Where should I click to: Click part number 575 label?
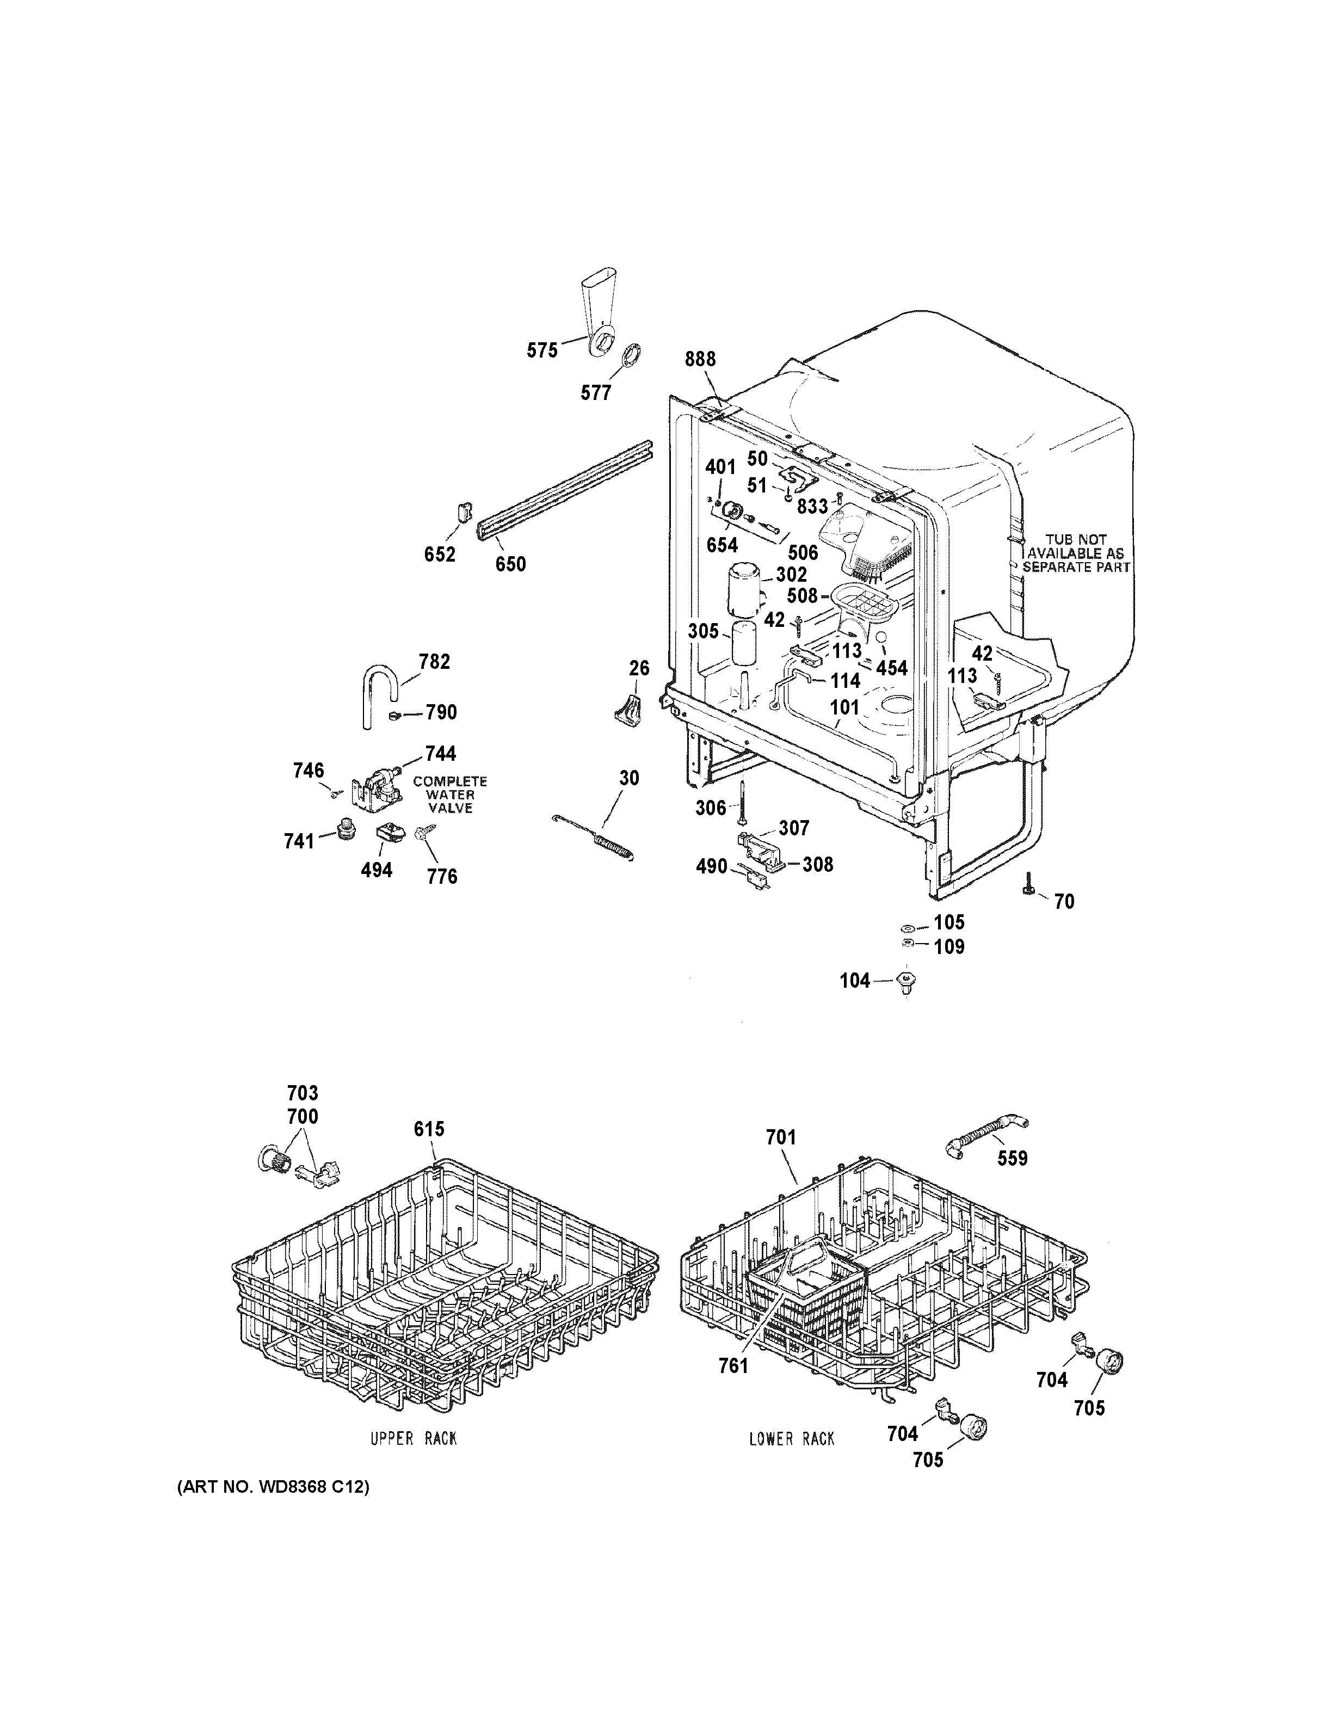tap(542, 350)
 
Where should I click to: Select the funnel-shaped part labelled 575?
tap(597, 312)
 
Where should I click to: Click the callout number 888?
tap(700, 359)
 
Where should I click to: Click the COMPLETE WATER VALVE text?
tap(450, 794)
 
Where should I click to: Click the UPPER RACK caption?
tap(414, 1439)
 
